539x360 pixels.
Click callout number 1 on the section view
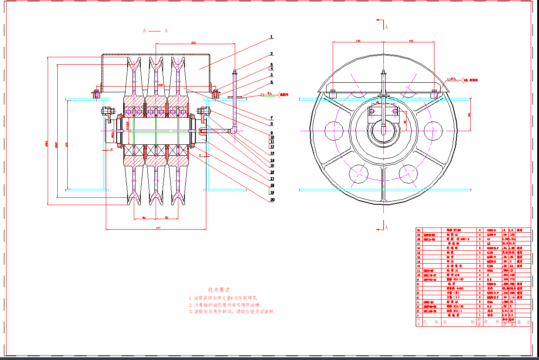click(271, 37)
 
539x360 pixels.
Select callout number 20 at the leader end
click(271, 199)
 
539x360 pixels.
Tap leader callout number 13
click(271, 153)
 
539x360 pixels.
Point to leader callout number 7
click(271, 118)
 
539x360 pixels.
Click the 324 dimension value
click(193, 42)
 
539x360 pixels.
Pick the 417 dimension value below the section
click(157, 227)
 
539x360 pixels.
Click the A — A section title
click(155, 31)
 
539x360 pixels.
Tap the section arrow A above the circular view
click(386, 26)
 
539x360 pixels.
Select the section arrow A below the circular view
click(386, 227)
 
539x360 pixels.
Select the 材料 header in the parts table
click(491, 322)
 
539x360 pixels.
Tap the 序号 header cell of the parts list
click(418, 322)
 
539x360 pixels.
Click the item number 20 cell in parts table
click(418, 230)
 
